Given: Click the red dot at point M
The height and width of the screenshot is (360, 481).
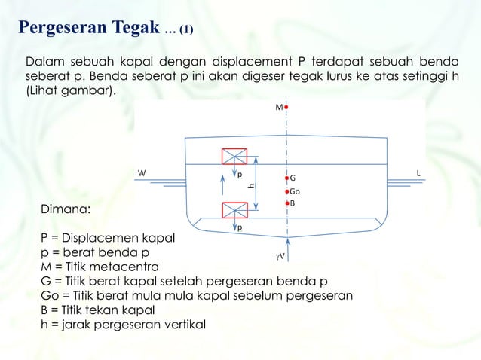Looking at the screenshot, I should (287, 108).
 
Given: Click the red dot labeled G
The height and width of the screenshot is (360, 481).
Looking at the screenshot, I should (287, 178).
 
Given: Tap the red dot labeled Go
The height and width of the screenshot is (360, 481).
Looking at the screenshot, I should (287, 191).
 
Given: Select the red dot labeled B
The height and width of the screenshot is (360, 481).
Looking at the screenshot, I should (287, 203).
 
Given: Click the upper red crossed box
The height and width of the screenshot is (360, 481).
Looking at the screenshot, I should (234, 157).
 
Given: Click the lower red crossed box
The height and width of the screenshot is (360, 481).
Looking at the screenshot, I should (234, 209).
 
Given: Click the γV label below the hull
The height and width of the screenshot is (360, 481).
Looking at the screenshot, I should (279, 257).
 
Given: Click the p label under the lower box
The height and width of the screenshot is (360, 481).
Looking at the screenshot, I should (240, 227).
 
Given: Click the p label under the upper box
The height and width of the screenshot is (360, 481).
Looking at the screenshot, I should (240, 178).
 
